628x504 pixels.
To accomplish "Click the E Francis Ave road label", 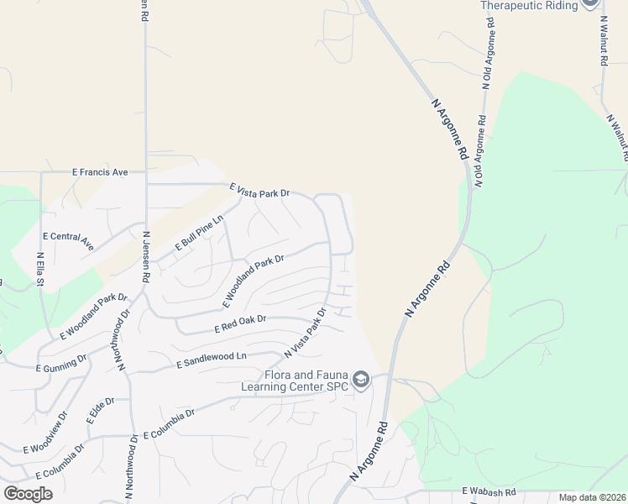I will [99, 172].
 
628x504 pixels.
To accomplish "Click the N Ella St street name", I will [40, 270].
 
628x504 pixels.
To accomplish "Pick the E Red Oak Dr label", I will [240, 323].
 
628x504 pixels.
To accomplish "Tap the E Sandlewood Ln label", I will [212, 360].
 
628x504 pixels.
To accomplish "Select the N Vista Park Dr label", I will [305, 331].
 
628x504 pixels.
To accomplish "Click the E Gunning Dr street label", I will [61, 364].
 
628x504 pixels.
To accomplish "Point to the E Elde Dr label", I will [100, 410].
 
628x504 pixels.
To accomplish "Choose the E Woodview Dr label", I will [45, 434].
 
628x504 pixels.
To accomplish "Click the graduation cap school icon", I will [361, 381].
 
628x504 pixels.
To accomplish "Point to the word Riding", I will [568, 5].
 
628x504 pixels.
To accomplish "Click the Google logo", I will [28, 494].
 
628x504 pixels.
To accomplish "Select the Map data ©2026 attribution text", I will [592, 497].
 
